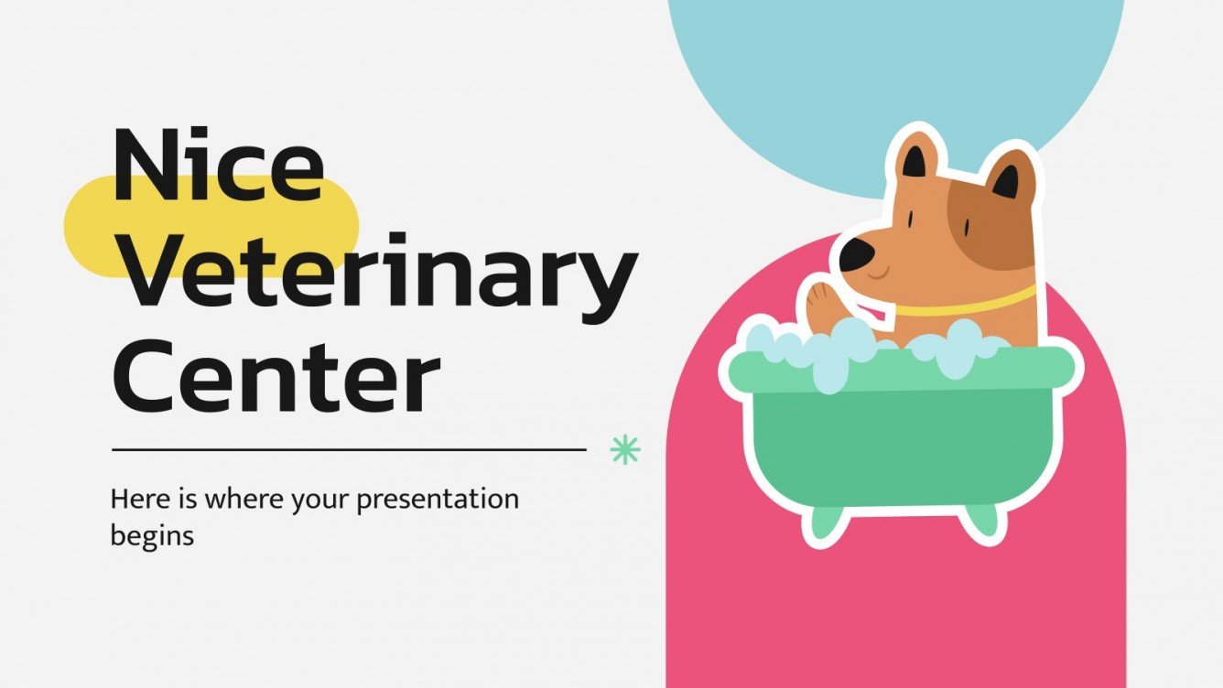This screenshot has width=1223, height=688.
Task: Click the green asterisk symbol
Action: (x=625, y=449)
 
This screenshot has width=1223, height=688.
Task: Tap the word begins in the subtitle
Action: (x=152, y=535)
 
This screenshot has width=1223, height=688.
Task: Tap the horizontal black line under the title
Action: (x=348, y=449)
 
